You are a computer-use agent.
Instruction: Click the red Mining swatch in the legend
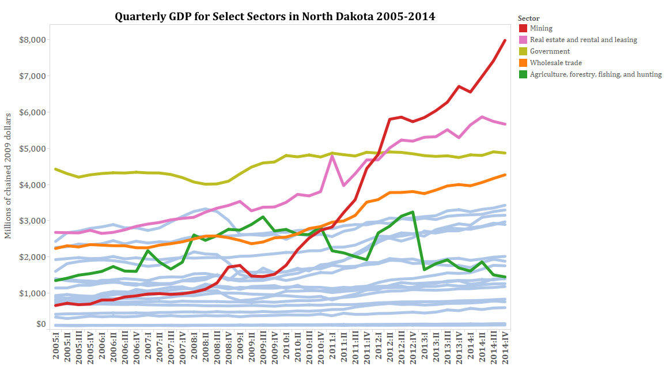(523, 28)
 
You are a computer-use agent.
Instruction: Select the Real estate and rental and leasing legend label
(583, 40)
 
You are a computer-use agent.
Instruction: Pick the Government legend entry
(550, 51)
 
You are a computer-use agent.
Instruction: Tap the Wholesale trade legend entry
(555, 63)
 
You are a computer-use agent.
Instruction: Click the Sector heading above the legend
(528, 18)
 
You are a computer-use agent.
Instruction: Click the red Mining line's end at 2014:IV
(505, 40)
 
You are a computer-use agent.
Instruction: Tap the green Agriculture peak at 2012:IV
(413, 212)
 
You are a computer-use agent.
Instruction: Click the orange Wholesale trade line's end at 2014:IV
(505, 175)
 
